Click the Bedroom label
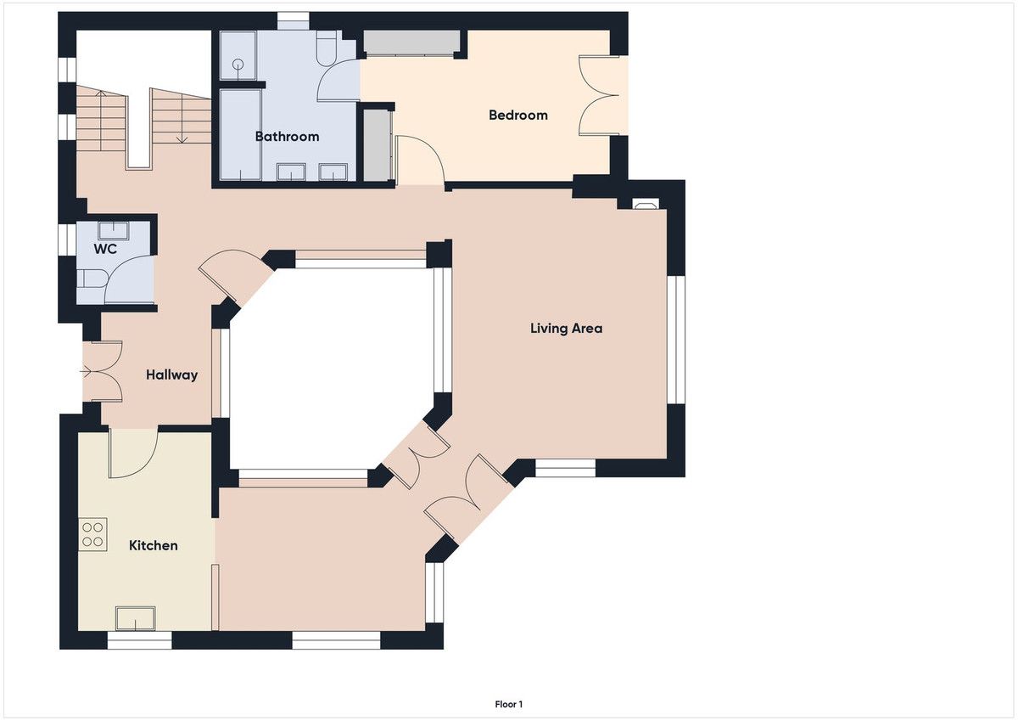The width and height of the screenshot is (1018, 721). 518,115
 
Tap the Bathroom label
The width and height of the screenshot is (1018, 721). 288,137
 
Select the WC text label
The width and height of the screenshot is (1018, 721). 105,249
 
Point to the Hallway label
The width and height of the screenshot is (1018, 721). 171,375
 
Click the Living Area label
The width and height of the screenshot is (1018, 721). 567,329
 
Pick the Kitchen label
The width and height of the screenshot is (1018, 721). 154,545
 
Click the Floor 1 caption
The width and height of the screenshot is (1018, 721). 508,704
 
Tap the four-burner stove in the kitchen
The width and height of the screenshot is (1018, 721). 92,534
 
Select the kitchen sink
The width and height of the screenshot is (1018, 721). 136,618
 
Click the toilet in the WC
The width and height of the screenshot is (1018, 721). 92,279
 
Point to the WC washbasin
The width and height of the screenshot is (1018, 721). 114,230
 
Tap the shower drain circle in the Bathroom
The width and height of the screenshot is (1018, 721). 238,65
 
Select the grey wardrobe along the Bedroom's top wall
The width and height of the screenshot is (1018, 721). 411,42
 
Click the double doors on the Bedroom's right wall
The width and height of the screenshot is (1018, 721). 599,95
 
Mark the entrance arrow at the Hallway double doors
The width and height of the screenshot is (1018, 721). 87,372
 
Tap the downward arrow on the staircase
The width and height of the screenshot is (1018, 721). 182,118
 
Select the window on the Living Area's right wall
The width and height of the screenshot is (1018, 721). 676,340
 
